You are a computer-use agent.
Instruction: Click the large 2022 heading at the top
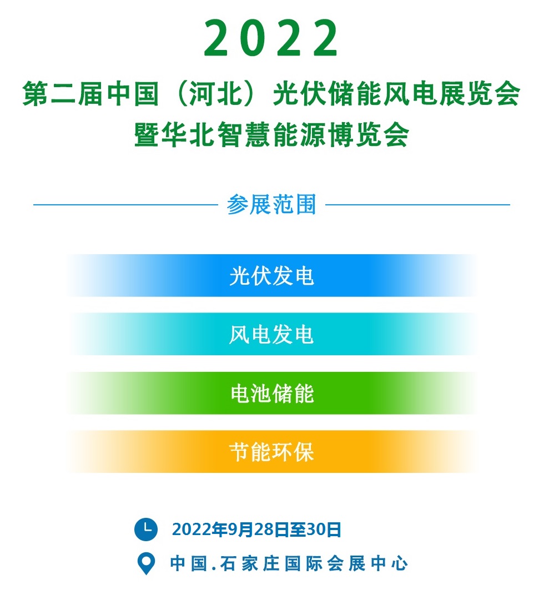click(271, 38)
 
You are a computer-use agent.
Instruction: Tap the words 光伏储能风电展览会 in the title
click(396, 94)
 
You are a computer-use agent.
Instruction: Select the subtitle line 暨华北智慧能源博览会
click(271, 135)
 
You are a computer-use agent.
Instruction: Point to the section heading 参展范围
click(271, 204)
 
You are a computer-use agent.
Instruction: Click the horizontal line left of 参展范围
click(125, 204)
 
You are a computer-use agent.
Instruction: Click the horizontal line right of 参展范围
click(418, 204)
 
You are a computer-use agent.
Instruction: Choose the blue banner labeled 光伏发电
click(271, 275)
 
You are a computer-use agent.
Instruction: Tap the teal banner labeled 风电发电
click(271, 334)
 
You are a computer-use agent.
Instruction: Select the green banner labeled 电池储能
click(271, 393)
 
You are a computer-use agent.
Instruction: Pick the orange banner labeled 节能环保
click(271, 452)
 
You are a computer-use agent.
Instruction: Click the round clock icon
click(146, 529)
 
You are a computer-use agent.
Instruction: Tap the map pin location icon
click(146, 564)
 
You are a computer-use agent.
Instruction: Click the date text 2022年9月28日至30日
click(256, 530)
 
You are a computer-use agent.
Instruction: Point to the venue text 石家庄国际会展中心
click(314, 563)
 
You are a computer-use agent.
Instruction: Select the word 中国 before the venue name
click(189, 563)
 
